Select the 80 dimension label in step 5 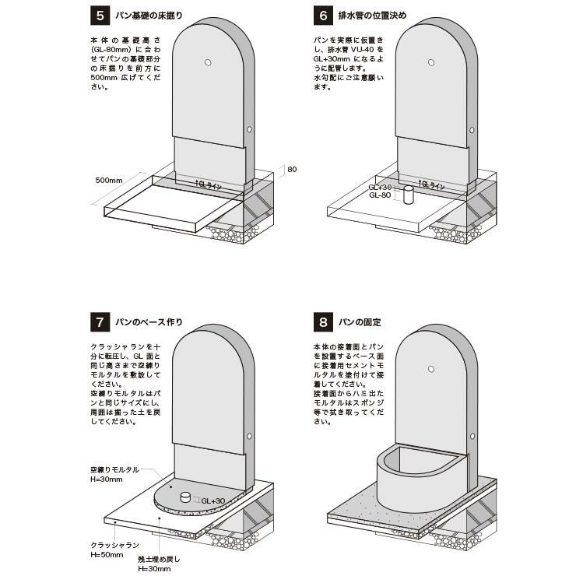pos(292,169)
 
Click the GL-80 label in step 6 pos(380,195)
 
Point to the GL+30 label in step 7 pos(213,500)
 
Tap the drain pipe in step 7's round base pos(185,497)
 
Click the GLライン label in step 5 pos(208,185)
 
